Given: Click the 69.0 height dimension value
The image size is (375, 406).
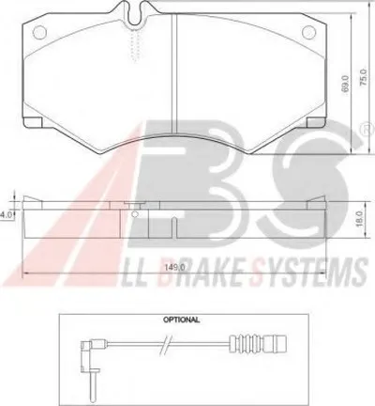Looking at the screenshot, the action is click(345, 84).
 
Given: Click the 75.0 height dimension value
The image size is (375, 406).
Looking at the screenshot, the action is click(363, 77).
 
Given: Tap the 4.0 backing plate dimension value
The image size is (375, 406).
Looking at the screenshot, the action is click(7, 215).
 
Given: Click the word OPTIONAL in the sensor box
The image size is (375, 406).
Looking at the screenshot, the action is click(181, 320).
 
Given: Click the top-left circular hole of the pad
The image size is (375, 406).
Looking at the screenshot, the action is click(39, 32).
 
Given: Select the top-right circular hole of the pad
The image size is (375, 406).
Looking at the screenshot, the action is click(309, 32).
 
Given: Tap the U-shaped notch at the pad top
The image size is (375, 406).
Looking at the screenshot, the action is click(135, 14).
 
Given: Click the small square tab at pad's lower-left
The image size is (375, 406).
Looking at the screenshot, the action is click(33, 122).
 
